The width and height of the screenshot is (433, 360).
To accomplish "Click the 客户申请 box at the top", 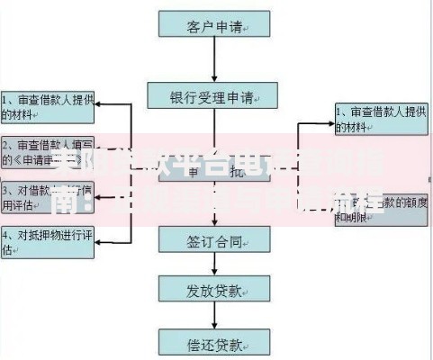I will pos(213,25).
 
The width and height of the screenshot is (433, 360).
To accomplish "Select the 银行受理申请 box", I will pos(213,95).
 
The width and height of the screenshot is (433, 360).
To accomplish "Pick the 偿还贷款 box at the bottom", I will pos(213,343).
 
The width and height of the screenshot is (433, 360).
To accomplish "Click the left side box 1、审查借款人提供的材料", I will pos(47,106).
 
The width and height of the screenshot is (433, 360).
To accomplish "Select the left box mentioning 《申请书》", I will pos(47,152).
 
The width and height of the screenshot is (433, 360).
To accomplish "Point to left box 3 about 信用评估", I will pos(47,197).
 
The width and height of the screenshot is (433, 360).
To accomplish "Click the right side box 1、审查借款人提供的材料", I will pos(382,119).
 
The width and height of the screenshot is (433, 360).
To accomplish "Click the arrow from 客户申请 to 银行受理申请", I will pos(213,60).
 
